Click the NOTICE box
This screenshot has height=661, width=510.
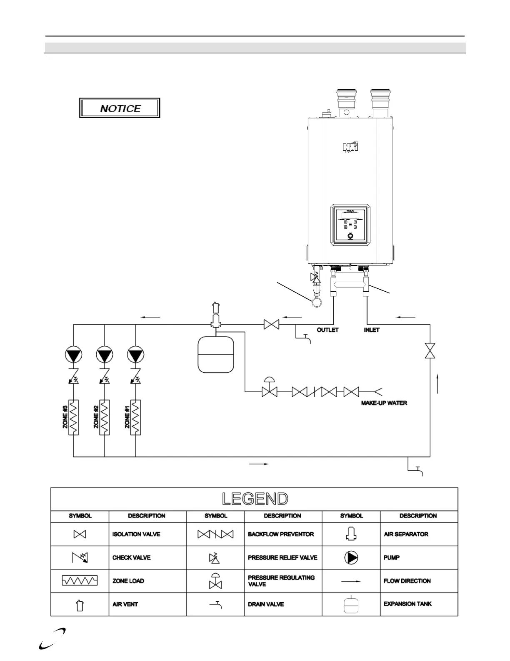click(x=120, y=108)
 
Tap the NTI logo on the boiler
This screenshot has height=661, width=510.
click(x=350, y=147)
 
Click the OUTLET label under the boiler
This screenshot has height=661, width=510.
click(x=327, y=330)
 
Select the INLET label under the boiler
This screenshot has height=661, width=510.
click(x=372, y=330)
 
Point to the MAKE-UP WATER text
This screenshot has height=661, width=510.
click(x=384, y=403)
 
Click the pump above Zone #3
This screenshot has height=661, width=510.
click(x=74, y=355)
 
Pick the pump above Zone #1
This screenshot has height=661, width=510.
click(x=135, y=355)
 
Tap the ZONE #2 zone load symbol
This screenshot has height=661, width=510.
click(x=104, y=418)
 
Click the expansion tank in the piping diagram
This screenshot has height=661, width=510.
click(x=215, y=354)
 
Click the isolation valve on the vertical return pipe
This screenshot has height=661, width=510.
click(x=430, y=351)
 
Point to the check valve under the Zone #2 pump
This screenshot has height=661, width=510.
click(x=104, y=377)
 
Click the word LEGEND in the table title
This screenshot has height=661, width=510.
click(x=255, y=499)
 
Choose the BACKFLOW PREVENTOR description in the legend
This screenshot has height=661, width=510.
click(x=281, y=534)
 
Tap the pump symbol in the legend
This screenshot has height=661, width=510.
click(x=351, y=558)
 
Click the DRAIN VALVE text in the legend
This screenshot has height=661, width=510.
click(x=266, y=604)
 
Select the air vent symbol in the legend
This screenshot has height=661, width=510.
click(x=80, y=605)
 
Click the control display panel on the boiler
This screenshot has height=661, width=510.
click(x=350, y=224)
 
